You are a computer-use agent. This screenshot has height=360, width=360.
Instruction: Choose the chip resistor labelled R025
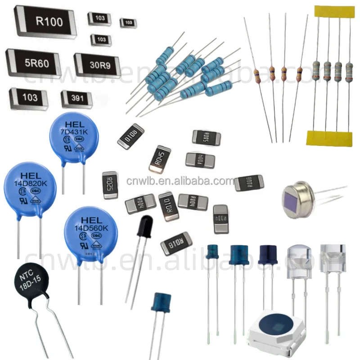(109, 184)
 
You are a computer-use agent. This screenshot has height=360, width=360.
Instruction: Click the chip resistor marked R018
(176, 243)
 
